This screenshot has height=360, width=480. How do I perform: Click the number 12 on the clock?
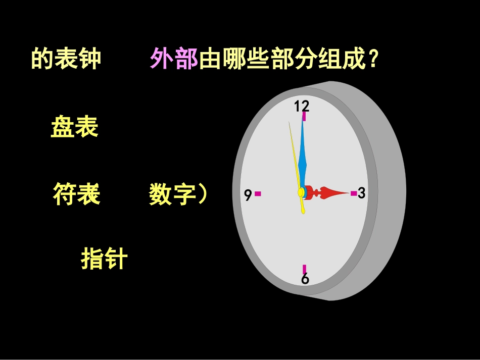(302, 106)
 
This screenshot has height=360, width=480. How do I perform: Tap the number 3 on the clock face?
(361, 193)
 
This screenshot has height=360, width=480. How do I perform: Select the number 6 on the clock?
(305, 279)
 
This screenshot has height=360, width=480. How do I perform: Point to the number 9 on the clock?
(248, 194)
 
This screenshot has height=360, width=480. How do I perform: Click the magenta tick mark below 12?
(304, 117)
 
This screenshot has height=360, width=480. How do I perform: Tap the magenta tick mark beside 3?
(353, 193)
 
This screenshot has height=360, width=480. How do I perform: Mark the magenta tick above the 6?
(304, 269)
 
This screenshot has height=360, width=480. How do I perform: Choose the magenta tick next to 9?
(258, 193)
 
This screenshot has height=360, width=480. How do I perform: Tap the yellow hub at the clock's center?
(302, 192)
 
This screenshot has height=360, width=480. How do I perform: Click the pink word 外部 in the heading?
(173, 60)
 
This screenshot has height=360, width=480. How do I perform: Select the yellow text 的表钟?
(66, 59)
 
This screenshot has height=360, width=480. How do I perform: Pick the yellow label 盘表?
(74, 127)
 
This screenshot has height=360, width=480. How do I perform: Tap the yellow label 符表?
(76, 194)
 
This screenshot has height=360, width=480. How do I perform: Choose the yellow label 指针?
(104, 260)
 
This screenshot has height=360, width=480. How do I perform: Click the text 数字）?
(178, 194)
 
